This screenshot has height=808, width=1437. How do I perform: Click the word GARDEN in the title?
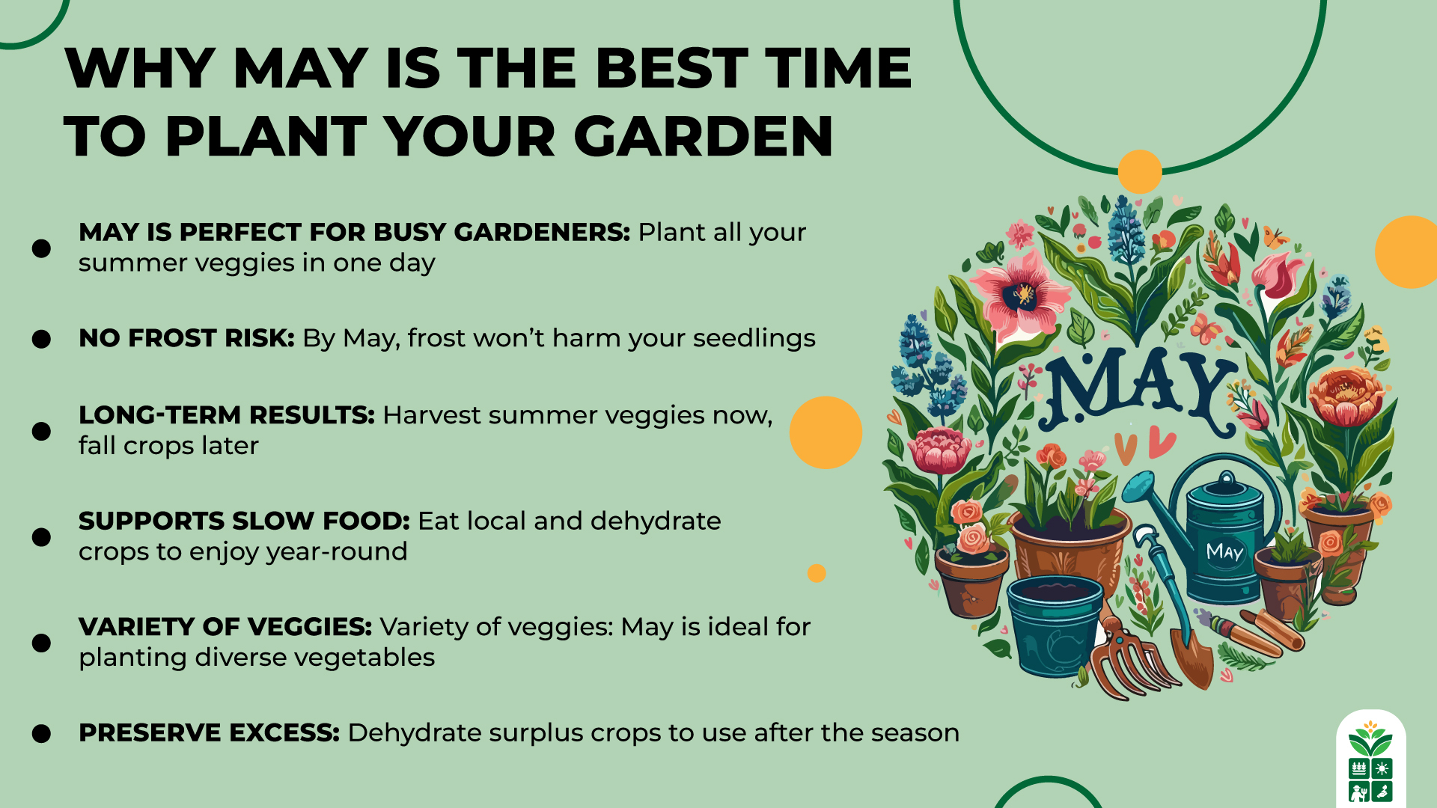[703, 137]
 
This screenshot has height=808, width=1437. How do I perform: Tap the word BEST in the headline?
[671, 68]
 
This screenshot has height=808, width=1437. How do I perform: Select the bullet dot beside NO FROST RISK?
[41, 339]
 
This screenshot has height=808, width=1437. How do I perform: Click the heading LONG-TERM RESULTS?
[226, 415]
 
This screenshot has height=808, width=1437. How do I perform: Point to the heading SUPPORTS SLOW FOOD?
[244, 521]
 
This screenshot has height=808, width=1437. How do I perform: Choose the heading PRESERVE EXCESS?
[209, 732]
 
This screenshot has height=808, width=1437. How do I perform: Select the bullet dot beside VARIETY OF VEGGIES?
[41, 643]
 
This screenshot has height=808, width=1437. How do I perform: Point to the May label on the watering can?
[1224, 552]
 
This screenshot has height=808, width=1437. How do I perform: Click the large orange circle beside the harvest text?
[826, 432]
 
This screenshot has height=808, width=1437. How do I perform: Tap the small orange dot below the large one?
[817, 573]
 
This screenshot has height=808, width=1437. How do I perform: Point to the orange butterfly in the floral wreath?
[1275, 238]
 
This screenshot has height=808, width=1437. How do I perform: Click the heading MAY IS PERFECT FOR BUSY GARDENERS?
[354, 232]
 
